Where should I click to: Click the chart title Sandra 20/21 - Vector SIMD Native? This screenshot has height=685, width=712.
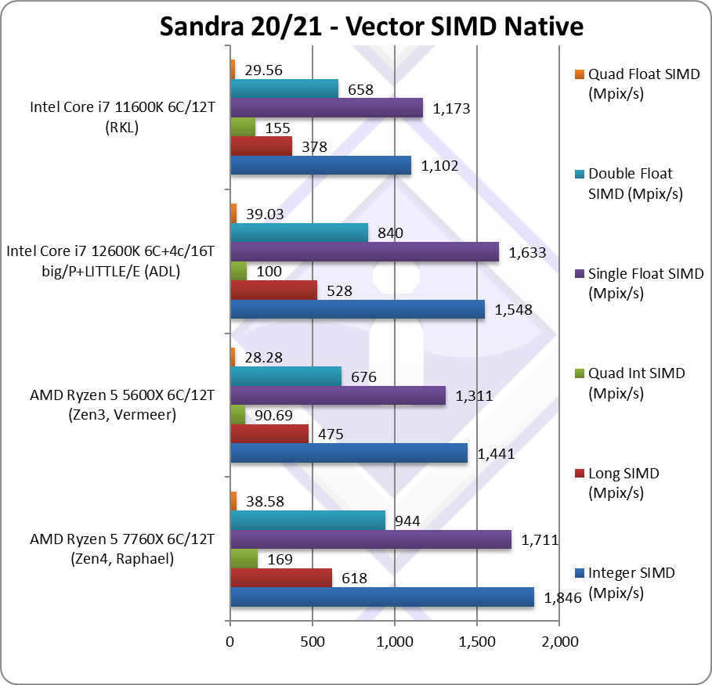point(371,26)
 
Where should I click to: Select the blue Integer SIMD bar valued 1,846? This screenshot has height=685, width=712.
point(382,597)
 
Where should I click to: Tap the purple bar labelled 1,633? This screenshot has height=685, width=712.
point(364,251)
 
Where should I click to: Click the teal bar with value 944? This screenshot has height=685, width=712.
point(308,520)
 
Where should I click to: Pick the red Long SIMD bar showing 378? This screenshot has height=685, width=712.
point(261,146)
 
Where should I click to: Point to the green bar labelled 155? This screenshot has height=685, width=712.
point(243,126)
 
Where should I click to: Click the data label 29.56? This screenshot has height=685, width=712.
point(264,70)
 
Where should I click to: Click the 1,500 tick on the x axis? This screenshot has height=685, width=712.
point(477,642)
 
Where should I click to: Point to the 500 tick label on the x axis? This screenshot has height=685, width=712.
point(312,642)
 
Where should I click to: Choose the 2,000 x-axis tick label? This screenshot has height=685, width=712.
point(558,642)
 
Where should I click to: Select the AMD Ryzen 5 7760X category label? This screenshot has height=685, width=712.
point(121,549)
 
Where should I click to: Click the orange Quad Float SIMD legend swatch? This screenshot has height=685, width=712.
point(579,75)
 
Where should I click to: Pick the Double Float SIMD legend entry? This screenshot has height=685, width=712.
point(630,184)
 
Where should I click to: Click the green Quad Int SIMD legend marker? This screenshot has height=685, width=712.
point(579,373)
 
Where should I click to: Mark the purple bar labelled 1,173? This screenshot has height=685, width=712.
point(327,107)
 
